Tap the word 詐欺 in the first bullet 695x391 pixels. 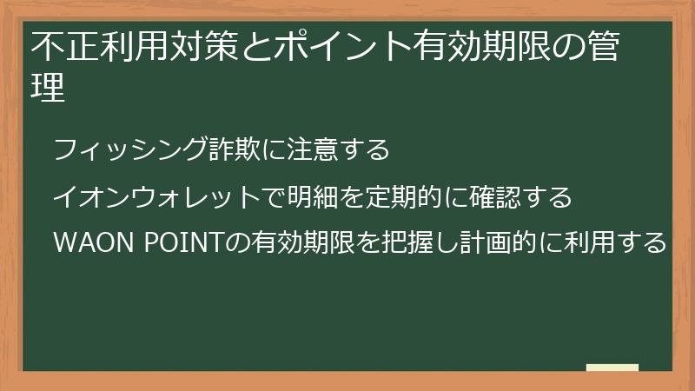coord(235,150)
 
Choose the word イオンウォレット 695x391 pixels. coord(156,197)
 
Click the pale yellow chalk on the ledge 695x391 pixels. coord(612,368)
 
